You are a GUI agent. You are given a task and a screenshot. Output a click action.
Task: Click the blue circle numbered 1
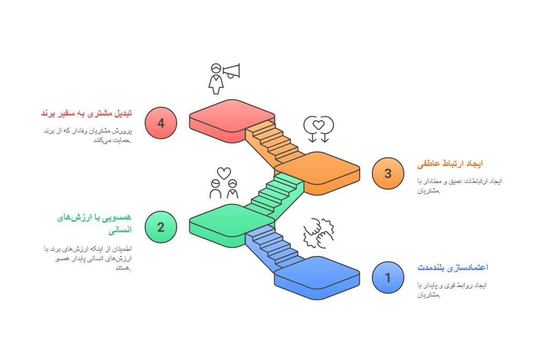click(388, 277)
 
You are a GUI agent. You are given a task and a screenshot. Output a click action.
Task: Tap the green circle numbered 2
click(161, 227)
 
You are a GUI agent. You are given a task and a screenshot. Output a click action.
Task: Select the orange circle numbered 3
click(388, 173)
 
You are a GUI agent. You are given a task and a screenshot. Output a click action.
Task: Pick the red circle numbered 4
click(161, 123)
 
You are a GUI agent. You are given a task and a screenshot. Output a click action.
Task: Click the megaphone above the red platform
click(231, 71)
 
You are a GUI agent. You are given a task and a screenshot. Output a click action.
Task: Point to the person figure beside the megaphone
click(216, 79)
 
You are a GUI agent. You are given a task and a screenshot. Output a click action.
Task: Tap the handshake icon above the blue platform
click(319, 233)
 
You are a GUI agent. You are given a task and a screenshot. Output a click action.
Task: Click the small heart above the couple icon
click(224, 173)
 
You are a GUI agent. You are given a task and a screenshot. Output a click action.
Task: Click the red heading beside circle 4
click(86, 113)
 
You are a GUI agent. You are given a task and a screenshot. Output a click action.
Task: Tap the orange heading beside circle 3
click(450, 164)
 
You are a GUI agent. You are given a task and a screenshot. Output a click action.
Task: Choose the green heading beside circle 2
click(95, 223)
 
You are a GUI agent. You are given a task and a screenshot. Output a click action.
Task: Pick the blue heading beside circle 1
click(452, 268)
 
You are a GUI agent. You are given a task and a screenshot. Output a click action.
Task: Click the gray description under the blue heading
click(452, 290)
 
